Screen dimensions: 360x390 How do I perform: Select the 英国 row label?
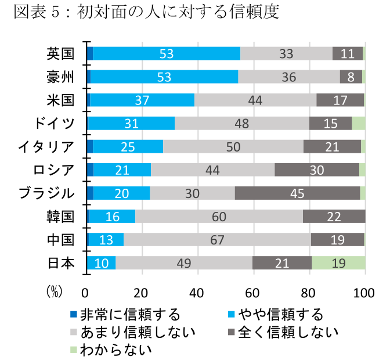61,53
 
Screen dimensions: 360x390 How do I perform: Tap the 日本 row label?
61,263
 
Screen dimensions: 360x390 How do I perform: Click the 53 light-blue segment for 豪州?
164,77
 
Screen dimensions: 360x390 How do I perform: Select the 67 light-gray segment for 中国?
217,240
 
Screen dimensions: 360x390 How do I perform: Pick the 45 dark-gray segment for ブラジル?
297,193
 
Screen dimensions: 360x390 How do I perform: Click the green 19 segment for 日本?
339,263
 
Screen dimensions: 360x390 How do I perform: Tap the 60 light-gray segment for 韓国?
219,217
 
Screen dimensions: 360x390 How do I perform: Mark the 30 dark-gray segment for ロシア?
317,170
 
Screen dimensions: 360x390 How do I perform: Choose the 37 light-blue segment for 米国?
142,100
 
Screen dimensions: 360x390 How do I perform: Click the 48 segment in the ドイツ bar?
241,123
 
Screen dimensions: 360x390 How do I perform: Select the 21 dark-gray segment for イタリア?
332,146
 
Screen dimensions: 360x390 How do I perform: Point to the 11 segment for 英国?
348,53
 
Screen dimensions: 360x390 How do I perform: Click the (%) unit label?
54,291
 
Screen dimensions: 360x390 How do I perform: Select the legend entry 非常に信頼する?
124,314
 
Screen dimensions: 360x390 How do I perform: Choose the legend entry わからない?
110,349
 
